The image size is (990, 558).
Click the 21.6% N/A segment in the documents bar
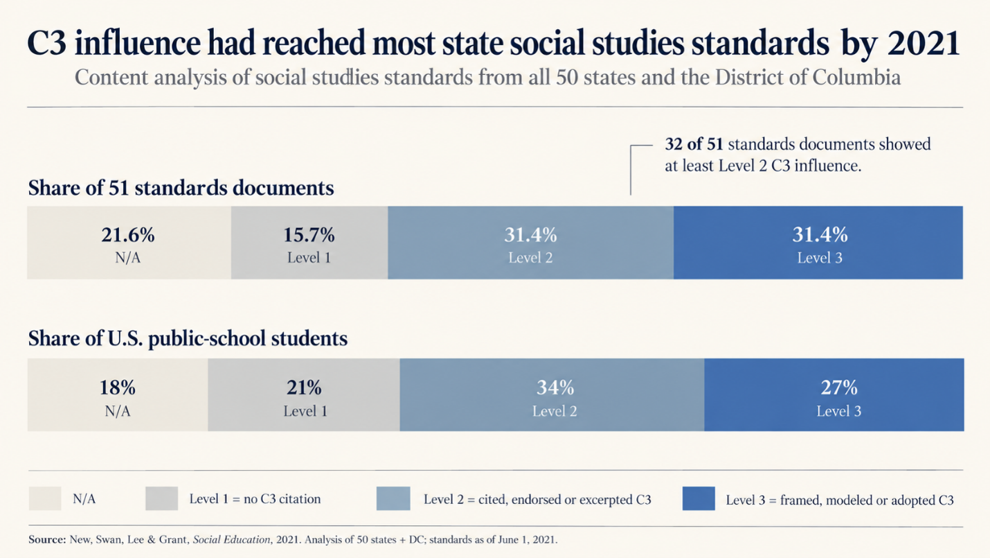[x=129, y=243]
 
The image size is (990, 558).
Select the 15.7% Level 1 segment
[x=309, y=243]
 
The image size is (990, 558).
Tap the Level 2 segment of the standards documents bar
[x=531, y=243]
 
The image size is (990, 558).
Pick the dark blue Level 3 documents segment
[x=818, y=243]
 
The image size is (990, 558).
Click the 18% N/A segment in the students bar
[x=118, y=394]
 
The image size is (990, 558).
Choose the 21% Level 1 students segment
[x=304, y=394]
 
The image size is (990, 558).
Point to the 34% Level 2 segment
[x=552, y=394]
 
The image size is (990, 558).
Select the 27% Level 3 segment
[x=834, y=394]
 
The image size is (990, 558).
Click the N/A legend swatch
[x=45, y=498]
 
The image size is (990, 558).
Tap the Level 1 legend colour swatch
[x=162, y=498]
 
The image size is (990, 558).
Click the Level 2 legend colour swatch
[x=393, y=498]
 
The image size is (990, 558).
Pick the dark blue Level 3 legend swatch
[x=699, y=498]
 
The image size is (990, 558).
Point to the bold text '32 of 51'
[x=694, y=144]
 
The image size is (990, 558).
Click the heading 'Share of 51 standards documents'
[x=181, y=188]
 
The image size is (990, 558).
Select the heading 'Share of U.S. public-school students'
[x=188, y=338]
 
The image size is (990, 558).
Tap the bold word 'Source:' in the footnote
[x=47, y=539]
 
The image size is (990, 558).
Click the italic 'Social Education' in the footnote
[x=232, y=539]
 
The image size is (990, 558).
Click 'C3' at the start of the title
[x=47, y=43]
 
